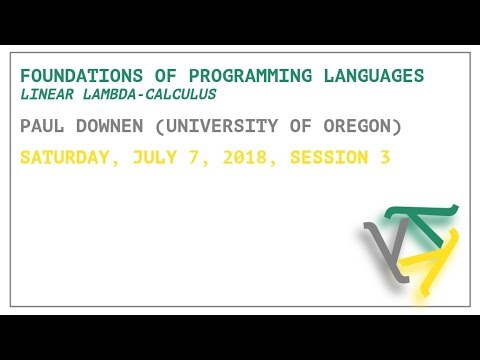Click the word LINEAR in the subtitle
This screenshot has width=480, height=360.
44,95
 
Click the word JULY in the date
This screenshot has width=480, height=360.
150,158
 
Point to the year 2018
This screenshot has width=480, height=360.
238,158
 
